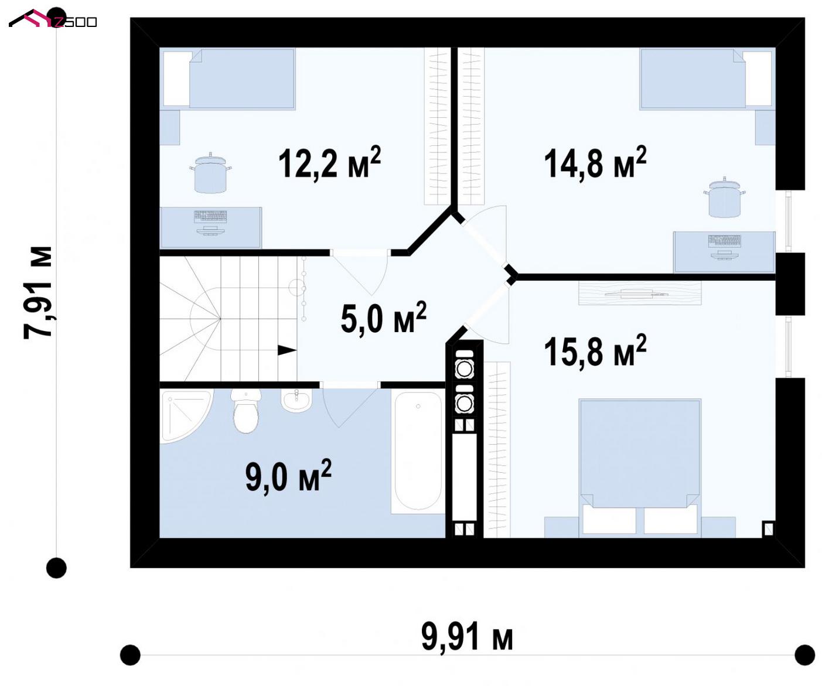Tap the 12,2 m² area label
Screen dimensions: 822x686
[329, 162]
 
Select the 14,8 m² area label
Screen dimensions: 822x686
[595, 162]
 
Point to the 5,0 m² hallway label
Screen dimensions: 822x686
[383, 317]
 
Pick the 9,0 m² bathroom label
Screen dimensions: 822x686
[288, 475]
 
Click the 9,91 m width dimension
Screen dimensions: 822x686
[467, 636]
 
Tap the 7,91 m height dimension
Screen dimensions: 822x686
[38, 292]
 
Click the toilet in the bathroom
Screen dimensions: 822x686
[245, 411]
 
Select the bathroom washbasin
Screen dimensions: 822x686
[296, 401]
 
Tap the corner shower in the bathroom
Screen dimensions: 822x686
[186, 417]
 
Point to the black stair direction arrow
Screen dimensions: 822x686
[287, 350]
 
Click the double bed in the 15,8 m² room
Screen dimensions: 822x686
[640, 468]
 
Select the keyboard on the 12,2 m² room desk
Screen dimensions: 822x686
[210, 217]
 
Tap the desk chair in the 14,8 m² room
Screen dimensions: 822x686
[724, 198]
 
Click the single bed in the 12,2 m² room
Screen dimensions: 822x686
[228, 79]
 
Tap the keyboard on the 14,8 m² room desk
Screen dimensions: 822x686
[724, 241]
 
